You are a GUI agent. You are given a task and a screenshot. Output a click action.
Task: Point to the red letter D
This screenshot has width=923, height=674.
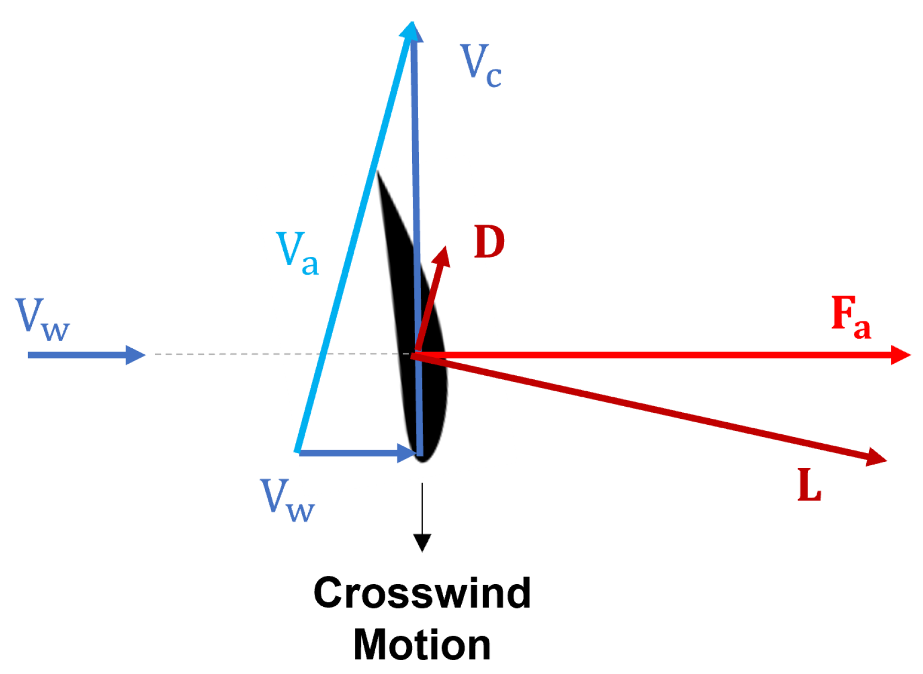point(489,242)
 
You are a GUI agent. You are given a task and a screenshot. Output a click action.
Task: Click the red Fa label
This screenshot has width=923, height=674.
point(851,316)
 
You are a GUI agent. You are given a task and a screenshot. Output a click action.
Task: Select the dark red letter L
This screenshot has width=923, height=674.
point(809,484)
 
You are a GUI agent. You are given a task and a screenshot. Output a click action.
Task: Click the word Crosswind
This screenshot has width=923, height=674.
point(422,593)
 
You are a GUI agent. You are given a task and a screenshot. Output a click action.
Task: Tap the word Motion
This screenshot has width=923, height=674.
point(422,644)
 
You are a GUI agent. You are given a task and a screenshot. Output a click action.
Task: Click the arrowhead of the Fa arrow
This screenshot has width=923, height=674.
point(901,355)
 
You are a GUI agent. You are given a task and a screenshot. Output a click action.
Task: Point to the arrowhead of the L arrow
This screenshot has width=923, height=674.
point(876,457)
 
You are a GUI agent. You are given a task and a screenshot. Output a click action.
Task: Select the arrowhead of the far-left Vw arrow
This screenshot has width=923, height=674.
point(135,355)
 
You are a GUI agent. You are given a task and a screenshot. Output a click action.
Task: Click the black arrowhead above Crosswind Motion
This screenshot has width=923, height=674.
point(422,542)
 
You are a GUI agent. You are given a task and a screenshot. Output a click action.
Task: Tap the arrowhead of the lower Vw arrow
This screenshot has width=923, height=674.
point(407,453)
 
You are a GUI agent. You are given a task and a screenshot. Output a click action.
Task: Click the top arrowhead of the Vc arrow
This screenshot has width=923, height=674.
point(412,30)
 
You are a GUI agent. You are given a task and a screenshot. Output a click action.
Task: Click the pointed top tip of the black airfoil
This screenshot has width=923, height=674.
point(377,174)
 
